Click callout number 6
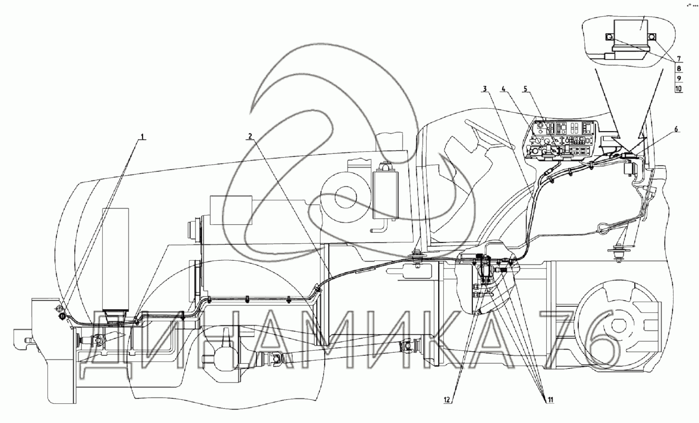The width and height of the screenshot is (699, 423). click(x=676, y=130)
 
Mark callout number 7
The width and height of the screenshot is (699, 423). click(x=678, y=59)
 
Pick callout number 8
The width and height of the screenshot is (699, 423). click(x=679, y=69)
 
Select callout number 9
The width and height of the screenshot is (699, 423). click(x=679, y=78)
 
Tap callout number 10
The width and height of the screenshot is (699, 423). click(x=679, y=88)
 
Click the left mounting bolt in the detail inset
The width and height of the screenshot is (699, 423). click(x=610, y=37)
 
